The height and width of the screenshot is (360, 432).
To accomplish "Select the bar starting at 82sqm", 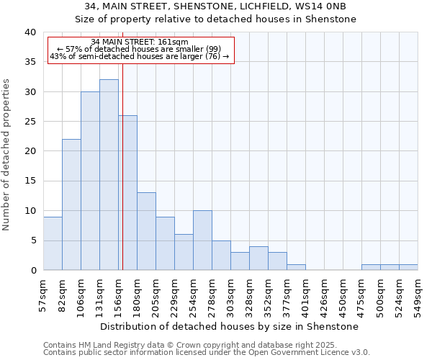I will [x=71, y=204].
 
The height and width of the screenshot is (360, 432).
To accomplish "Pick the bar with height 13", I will [x=146, y=231].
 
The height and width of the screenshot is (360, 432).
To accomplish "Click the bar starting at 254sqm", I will [x=202, y=240].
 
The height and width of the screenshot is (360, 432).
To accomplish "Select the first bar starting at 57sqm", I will [x=53, y=243].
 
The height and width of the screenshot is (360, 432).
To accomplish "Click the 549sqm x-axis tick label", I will [x=418, y=295].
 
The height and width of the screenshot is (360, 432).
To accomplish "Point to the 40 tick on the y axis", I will [x=30, y=32].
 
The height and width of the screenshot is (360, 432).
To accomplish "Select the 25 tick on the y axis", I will [x=30, y=122].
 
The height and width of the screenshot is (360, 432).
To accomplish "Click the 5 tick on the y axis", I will [x=32, y=240].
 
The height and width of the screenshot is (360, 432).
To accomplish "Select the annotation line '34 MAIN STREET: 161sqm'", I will [x=140, y=42].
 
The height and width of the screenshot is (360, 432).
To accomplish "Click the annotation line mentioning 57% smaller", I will [x=140, y=49].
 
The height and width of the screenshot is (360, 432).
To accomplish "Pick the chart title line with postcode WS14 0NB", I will [x=216, y=6].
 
